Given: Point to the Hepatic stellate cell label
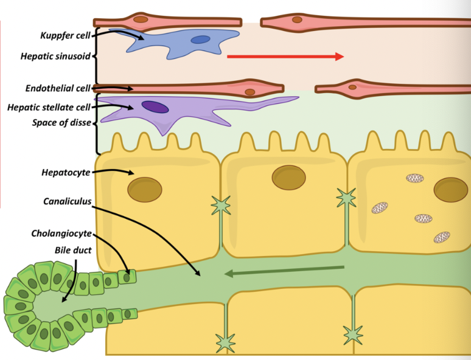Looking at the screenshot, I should (49, 107).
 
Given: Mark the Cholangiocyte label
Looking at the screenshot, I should (62, 234).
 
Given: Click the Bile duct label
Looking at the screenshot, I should (72, 249).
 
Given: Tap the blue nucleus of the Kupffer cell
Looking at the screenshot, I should (200, 40).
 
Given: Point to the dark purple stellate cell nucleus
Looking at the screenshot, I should (155, 106).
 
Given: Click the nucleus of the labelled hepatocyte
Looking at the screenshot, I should (144, 189).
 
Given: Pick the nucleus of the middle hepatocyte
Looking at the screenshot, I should (288, 177).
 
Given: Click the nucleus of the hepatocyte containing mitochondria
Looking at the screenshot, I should (450, 189).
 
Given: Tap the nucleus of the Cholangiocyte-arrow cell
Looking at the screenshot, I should (127, 277).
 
